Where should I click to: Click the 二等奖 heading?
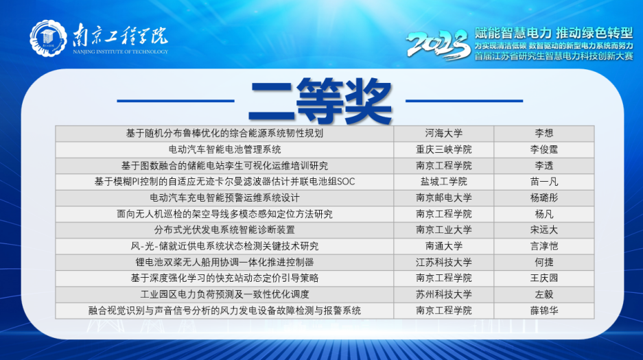[320, 101]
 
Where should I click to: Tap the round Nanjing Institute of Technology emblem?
[49, 38]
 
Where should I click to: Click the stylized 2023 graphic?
[438, 45]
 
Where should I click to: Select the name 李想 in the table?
[543, 134]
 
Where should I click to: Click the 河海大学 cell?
[444, 134]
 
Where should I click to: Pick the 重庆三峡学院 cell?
[444, 149]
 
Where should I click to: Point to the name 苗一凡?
[543, 182]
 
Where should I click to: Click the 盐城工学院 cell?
[444, 182]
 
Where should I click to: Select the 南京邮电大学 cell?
[444, 197]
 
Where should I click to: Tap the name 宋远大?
[543, 230]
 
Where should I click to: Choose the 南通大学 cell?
[444, 246]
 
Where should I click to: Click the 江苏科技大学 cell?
[444, 262]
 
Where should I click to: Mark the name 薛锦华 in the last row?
[543, 311]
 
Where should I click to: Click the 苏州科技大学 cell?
[444, 294]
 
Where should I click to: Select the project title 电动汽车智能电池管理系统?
[224, 149]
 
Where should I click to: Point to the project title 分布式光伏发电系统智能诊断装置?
[224, 230]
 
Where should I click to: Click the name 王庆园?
[543, 278]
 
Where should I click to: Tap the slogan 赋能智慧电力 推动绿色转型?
[554, 33]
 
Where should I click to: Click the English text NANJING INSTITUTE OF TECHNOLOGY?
[121, 51]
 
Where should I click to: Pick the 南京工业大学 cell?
[444, 230]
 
